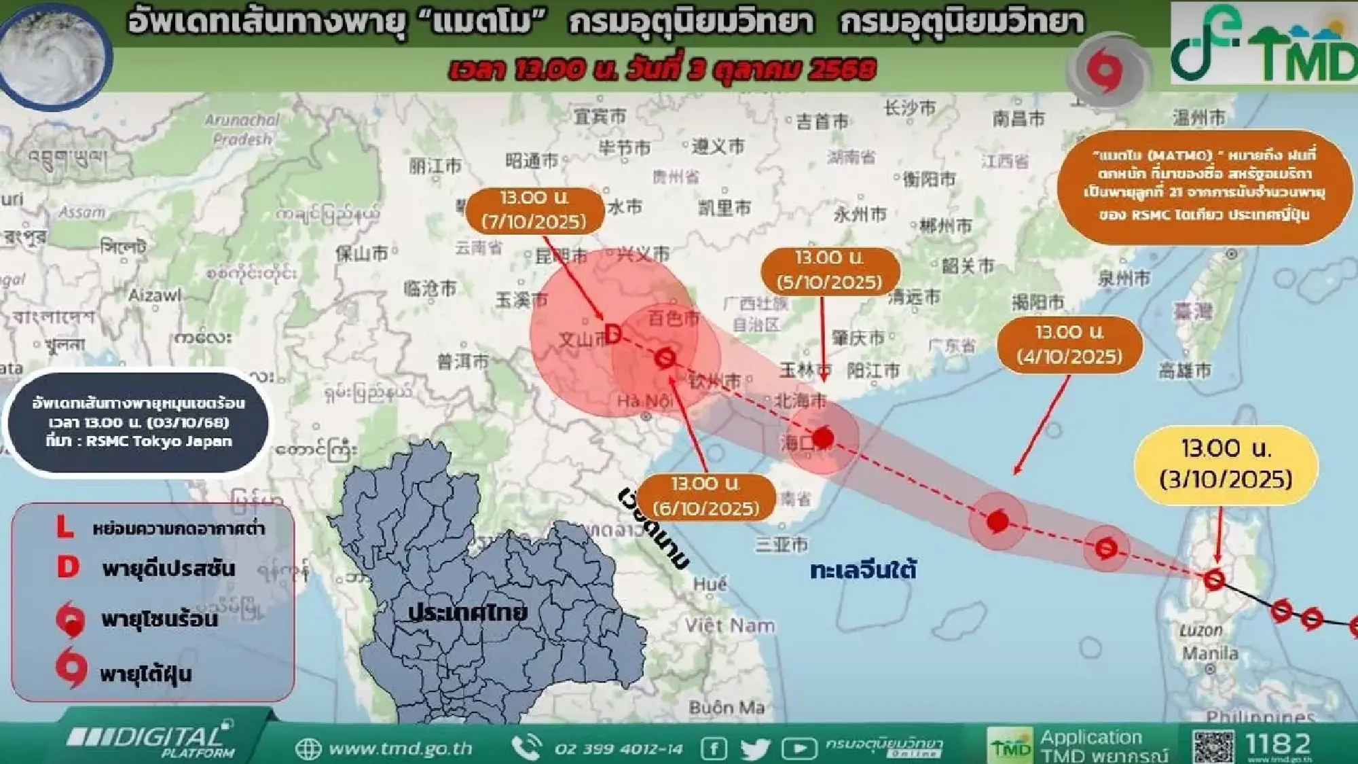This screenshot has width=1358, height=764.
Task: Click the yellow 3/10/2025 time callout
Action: click(1226, 465)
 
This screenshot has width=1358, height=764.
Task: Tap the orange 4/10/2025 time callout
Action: click(1069, 344)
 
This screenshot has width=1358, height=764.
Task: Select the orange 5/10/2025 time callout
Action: click(829, 270)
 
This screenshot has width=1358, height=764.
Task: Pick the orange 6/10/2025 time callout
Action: click(706, 496)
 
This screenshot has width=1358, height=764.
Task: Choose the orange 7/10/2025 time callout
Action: click(534, 210)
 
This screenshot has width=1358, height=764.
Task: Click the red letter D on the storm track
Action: click(612, 334)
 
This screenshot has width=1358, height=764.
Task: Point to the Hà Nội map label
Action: click(644, 401)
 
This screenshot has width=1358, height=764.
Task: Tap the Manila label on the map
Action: click(1210, 653)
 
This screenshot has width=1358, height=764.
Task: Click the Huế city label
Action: click(710, 583)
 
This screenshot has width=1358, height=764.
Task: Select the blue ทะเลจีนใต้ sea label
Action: click(863, 570)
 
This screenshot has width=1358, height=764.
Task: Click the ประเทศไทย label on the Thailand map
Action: click(467, 612)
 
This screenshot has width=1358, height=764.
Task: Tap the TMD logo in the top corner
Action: click(1264, 43)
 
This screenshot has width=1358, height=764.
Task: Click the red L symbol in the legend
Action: click(65, 526)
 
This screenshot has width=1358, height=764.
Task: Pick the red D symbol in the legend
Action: click(68, 566)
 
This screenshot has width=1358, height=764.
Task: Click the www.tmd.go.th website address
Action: click(399, 748)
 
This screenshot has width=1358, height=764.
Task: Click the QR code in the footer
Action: click(1213, 746)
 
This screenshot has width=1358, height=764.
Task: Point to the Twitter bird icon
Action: click(755, 748)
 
